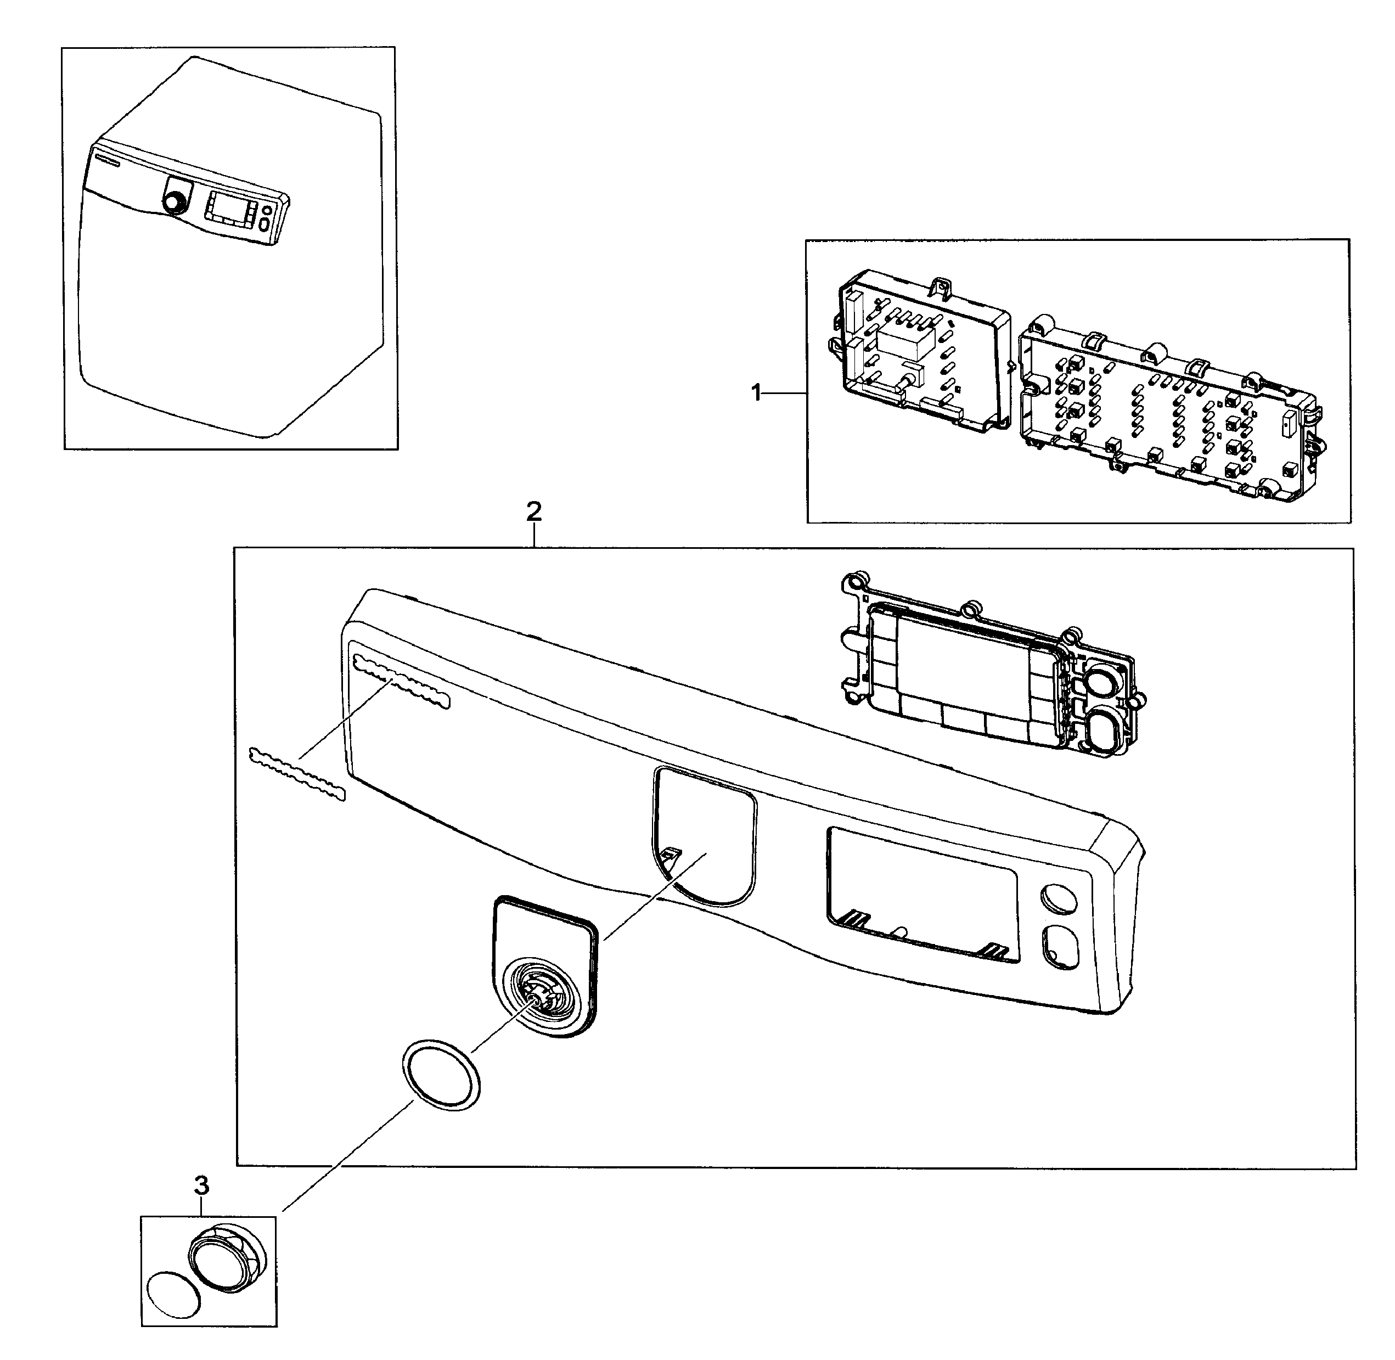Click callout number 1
click(757, 392)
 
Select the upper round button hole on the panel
click(1059, 897)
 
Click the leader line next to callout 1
click(786, 392)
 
